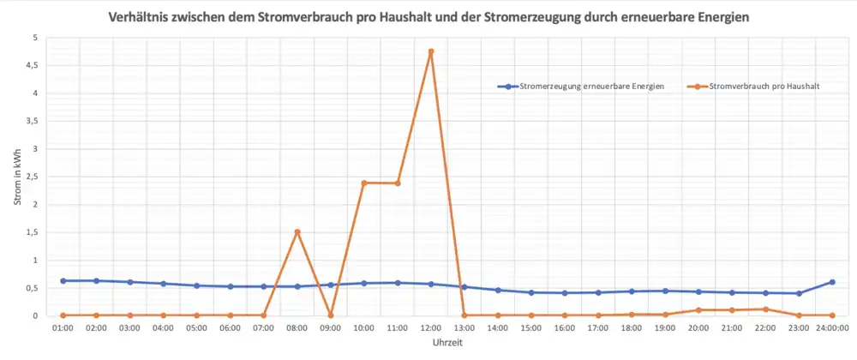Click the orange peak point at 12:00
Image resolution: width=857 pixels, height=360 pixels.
(431, 51)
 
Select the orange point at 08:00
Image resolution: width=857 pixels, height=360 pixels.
(297, 231)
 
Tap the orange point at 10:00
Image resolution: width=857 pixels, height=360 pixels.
(364, 183)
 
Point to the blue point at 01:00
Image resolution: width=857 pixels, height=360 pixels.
(63, 280)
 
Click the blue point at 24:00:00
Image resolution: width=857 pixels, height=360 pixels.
(832, 282)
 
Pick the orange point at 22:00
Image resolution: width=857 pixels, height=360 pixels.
(765, 309)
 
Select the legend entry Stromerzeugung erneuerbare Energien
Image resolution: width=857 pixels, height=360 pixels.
(591, 87)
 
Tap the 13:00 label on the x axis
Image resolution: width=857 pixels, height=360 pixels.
(464, 327)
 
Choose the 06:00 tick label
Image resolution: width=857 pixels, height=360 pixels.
(231, 327)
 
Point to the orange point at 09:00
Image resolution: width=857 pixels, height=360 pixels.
(331, 315)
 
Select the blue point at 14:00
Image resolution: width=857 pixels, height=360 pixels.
(498, 290)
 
